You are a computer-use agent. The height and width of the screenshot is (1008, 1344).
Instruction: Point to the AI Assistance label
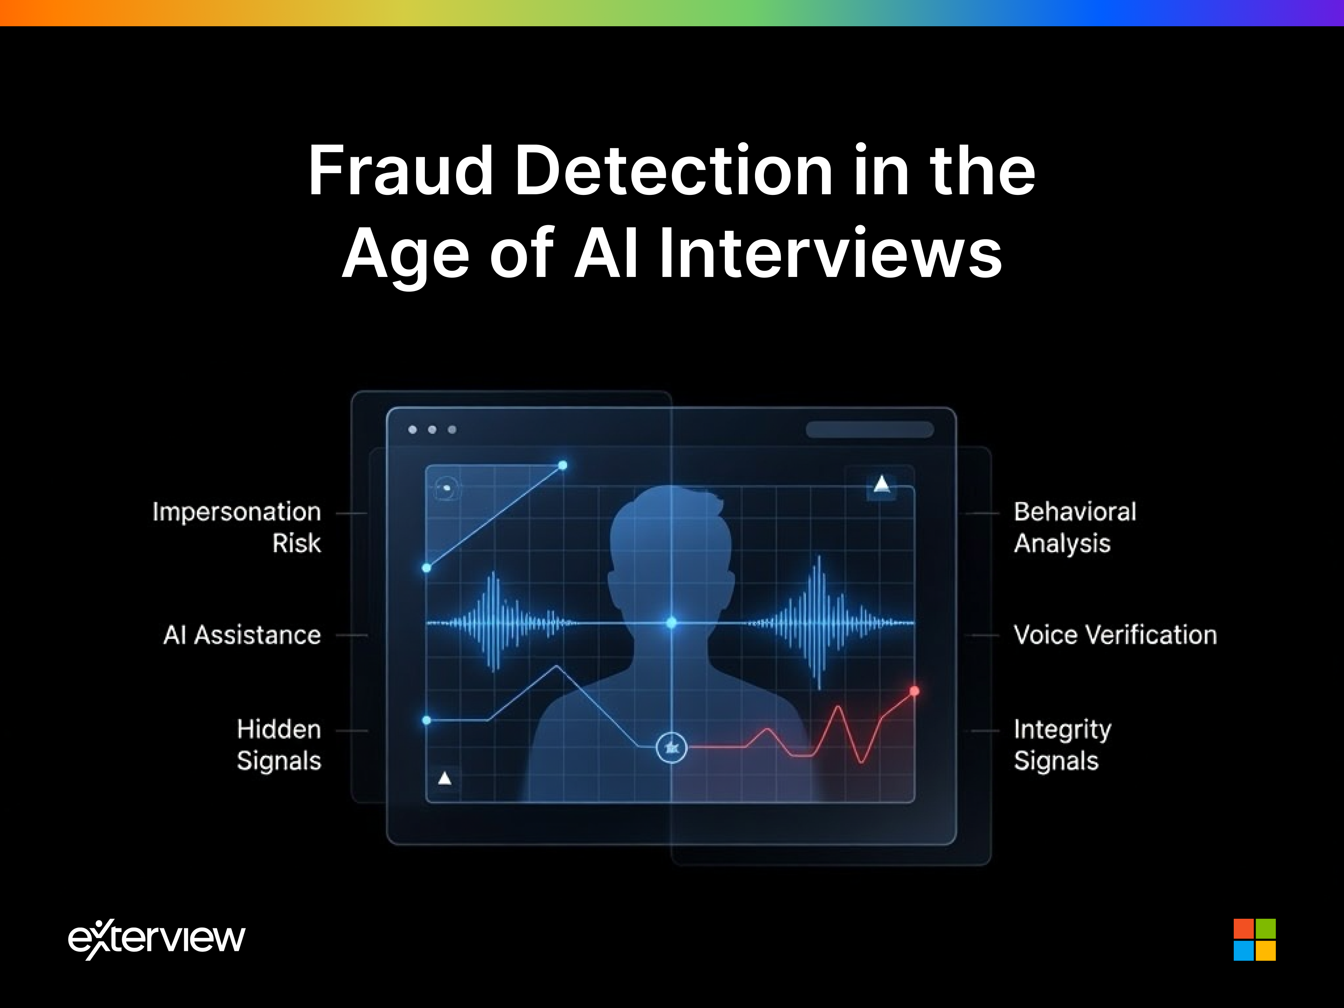pos(242,635)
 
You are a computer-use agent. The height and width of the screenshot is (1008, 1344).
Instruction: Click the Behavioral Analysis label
pos(1074,527)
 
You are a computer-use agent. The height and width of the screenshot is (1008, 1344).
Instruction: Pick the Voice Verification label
pos(1115,635)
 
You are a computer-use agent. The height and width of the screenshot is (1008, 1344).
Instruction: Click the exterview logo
pos(157,939)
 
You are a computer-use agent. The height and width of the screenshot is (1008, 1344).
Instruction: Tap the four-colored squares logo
pos(1254,939)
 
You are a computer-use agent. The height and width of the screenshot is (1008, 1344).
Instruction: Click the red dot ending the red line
pos(914,691)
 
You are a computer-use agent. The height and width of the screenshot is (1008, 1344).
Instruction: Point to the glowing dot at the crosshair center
pos(671,623)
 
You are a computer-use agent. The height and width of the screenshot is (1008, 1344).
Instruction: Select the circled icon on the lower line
pos(671,747)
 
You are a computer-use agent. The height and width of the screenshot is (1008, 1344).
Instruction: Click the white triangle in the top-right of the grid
pos(882,484)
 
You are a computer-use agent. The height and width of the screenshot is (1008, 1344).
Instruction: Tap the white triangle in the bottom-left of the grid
pos(445,778)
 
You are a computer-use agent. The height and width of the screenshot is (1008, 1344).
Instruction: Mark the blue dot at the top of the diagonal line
pos(563,465)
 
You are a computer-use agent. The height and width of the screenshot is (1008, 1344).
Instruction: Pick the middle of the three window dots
pos(432,430)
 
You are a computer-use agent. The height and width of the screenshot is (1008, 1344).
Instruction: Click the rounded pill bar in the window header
pos(870,430)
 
